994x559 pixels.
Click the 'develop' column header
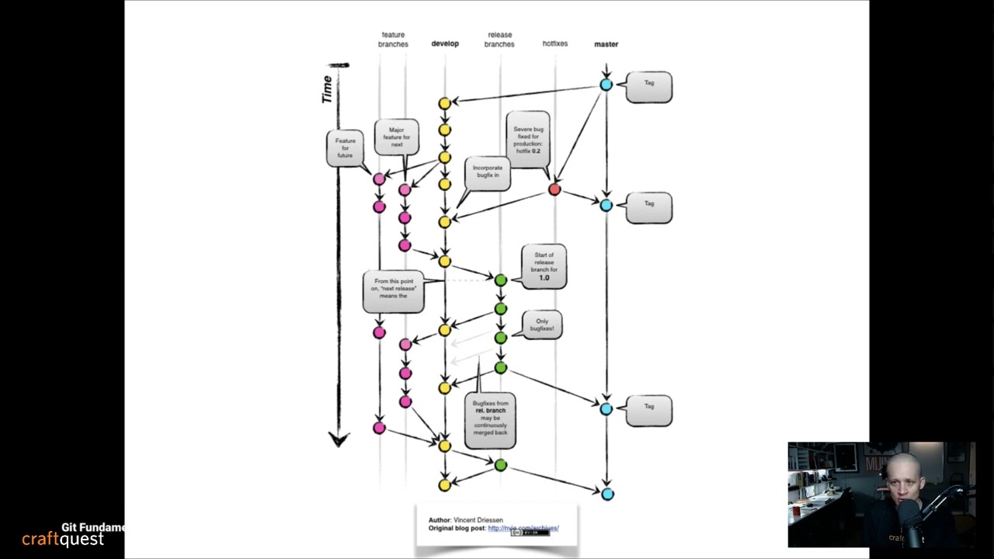pyautogui.click(x=445, y=43)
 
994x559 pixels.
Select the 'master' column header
pyautogui.click(x=606, y=44)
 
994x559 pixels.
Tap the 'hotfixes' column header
pyautogui.click(x=554, y=43)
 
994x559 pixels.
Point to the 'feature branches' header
pyautogui.click(x=393, y=40)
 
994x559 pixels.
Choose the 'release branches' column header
pyautogui.click(x=499, y=40)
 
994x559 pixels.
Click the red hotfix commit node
pyautogui.click(x=554, y=189)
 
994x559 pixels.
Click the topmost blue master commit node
pyautogui.click(x=606, y=85)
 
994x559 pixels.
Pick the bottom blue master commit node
pyautogui.click(x=607, y=494)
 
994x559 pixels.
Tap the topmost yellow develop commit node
pyautogui.click(x=444, y=103)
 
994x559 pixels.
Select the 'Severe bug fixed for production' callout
pyautogui.click(x=528, y=140)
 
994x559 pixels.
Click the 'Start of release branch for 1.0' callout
pyautogui.click(x=544, y=266)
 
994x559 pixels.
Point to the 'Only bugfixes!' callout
pyautogui.click(x=541, y=325)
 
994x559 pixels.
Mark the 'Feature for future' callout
pyautogui.click(x=345, y=148)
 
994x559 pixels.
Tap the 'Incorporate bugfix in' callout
pyautogui.click(x=488, y=172)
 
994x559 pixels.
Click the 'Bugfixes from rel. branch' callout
pyautogui.click(x=490, y=419)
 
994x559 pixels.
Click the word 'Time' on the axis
pyautogui.click(x=327, y=89)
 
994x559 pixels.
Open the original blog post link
pyautogui.click(x=523, y=528)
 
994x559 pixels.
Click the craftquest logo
pyautogui.click(x=62, y=539)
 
